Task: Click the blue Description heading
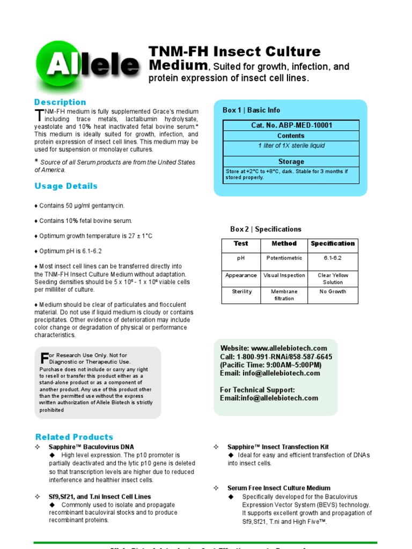pos(60,102)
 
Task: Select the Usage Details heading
pos(66,186)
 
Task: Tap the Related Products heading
pos(74,437)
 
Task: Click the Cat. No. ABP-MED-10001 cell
pos(291,125)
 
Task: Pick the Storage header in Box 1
pos(291,161)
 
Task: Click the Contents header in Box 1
pos(291,136)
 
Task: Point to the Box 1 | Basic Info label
pos(252,110)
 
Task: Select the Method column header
pos(284,243)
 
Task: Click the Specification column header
pos(333,243)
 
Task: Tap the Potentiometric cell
pos(284,258)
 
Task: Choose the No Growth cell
pos(333,292)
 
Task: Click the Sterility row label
pos(241,292)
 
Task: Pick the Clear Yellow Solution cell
pos(333,279)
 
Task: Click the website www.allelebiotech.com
pos(289,348)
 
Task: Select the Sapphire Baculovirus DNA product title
pos(91,447)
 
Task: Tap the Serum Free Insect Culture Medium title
pos(278,488)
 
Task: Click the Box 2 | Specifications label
pos(266,229)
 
